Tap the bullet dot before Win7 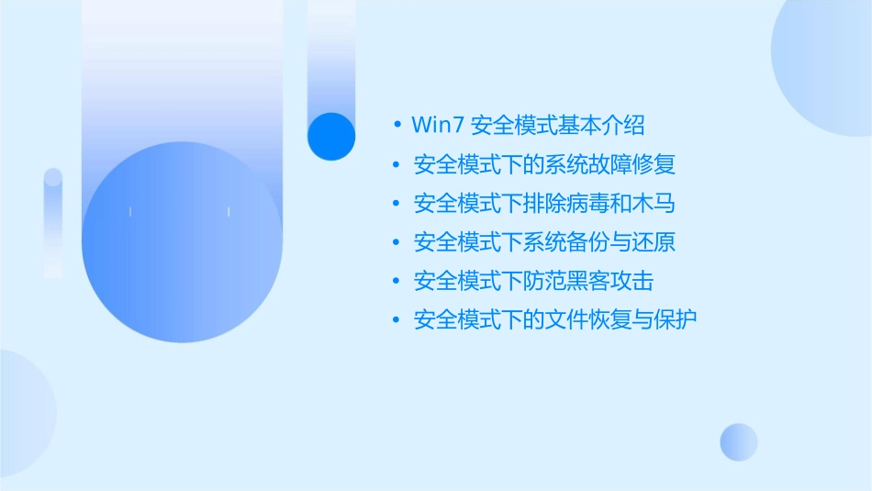click(x=397, y=124)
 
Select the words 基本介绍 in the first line click(x=609, y=124)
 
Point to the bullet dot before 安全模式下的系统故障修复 click(x=397, y=164)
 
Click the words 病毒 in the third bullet click(x=587, y=203)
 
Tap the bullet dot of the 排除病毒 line click(x=397, y=203)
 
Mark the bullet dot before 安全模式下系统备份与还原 click(x=397, y=242)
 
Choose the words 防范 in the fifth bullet click(x=544, y=281)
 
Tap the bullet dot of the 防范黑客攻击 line click(x=397, y=281)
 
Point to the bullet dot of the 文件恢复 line click(x=397, y=320)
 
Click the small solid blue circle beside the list click(x=331, y=136)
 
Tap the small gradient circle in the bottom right click(x=739, y=441)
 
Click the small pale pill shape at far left click(x=53, y=222)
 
